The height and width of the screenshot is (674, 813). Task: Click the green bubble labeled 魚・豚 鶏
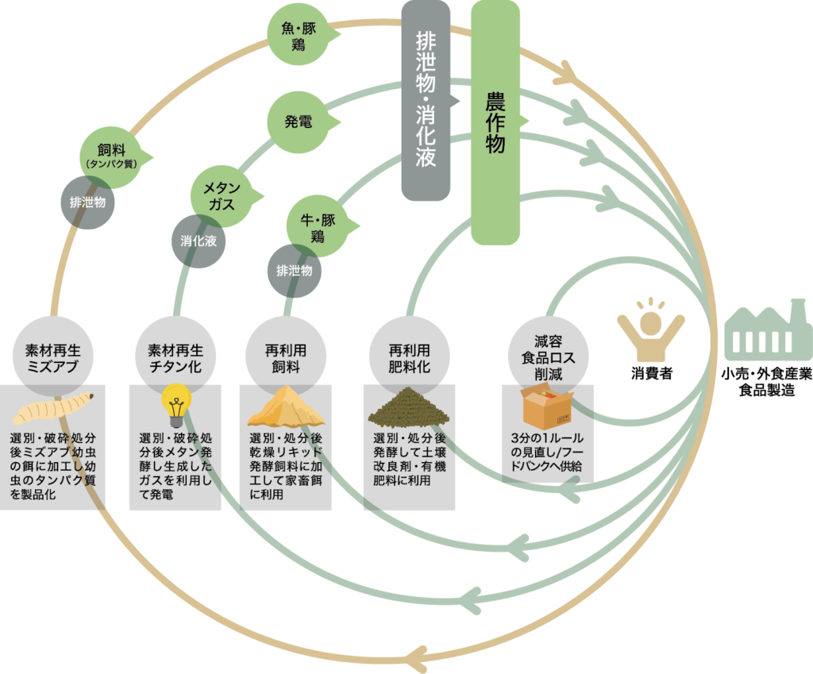pyautogui.click(x=298, y=37)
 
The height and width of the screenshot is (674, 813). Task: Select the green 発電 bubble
pyautogui.click(x=299, y=122)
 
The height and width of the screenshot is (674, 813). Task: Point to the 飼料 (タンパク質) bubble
pyautogui.click(x=112, y=153)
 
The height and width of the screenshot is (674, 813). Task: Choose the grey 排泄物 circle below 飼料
pyautogui.click(x=88, y=202)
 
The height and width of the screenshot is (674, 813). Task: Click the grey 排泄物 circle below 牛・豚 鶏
pyautogui.click(x=295, y=271)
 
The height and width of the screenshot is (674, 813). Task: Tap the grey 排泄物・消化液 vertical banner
pyautogui.click(x=426, y=99)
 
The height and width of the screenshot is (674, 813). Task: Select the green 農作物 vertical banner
pyautogui.click(x=495, y=121)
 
